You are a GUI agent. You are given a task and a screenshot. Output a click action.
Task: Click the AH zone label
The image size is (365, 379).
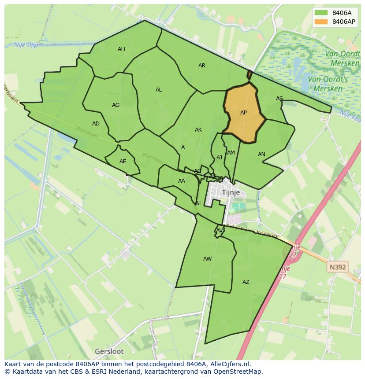tap(121, 49)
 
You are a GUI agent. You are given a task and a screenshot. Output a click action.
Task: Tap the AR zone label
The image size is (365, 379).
tap(202, 66)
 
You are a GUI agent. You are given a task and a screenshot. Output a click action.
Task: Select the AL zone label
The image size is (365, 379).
tap(159, 90)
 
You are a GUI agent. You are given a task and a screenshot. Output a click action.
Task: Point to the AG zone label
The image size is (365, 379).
tap(116, 105)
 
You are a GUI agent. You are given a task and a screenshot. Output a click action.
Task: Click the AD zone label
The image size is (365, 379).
tap(96, 124)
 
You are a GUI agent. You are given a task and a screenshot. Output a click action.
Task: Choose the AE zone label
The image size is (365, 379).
tap(123, 162)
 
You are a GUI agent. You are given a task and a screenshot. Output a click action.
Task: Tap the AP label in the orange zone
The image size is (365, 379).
tap(243, 113)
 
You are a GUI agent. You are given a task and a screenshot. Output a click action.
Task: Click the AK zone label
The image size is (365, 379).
tap(198, 130)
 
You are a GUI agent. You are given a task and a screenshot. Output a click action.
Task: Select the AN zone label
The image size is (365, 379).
tap(261, 155)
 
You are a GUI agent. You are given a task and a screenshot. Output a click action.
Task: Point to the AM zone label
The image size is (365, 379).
tap(231, 153)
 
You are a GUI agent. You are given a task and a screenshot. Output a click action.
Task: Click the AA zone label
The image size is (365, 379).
tap(182, 181)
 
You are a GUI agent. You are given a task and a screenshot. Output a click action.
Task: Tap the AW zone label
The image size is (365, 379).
tap(208, 259)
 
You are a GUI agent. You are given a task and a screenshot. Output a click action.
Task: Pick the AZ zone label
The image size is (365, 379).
tap(246, 282)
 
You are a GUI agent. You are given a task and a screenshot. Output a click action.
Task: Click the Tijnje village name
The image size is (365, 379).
tap(231, 193)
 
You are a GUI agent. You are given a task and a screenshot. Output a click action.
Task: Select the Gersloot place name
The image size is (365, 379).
tap(109, 351)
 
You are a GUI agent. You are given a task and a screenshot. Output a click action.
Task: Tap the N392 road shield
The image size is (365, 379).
tap(338, 267)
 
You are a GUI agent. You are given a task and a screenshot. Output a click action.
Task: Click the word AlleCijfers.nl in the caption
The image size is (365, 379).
tap(230, 364)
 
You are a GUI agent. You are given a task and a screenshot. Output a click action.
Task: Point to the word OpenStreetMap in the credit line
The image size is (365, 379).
tap(238, 372)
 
